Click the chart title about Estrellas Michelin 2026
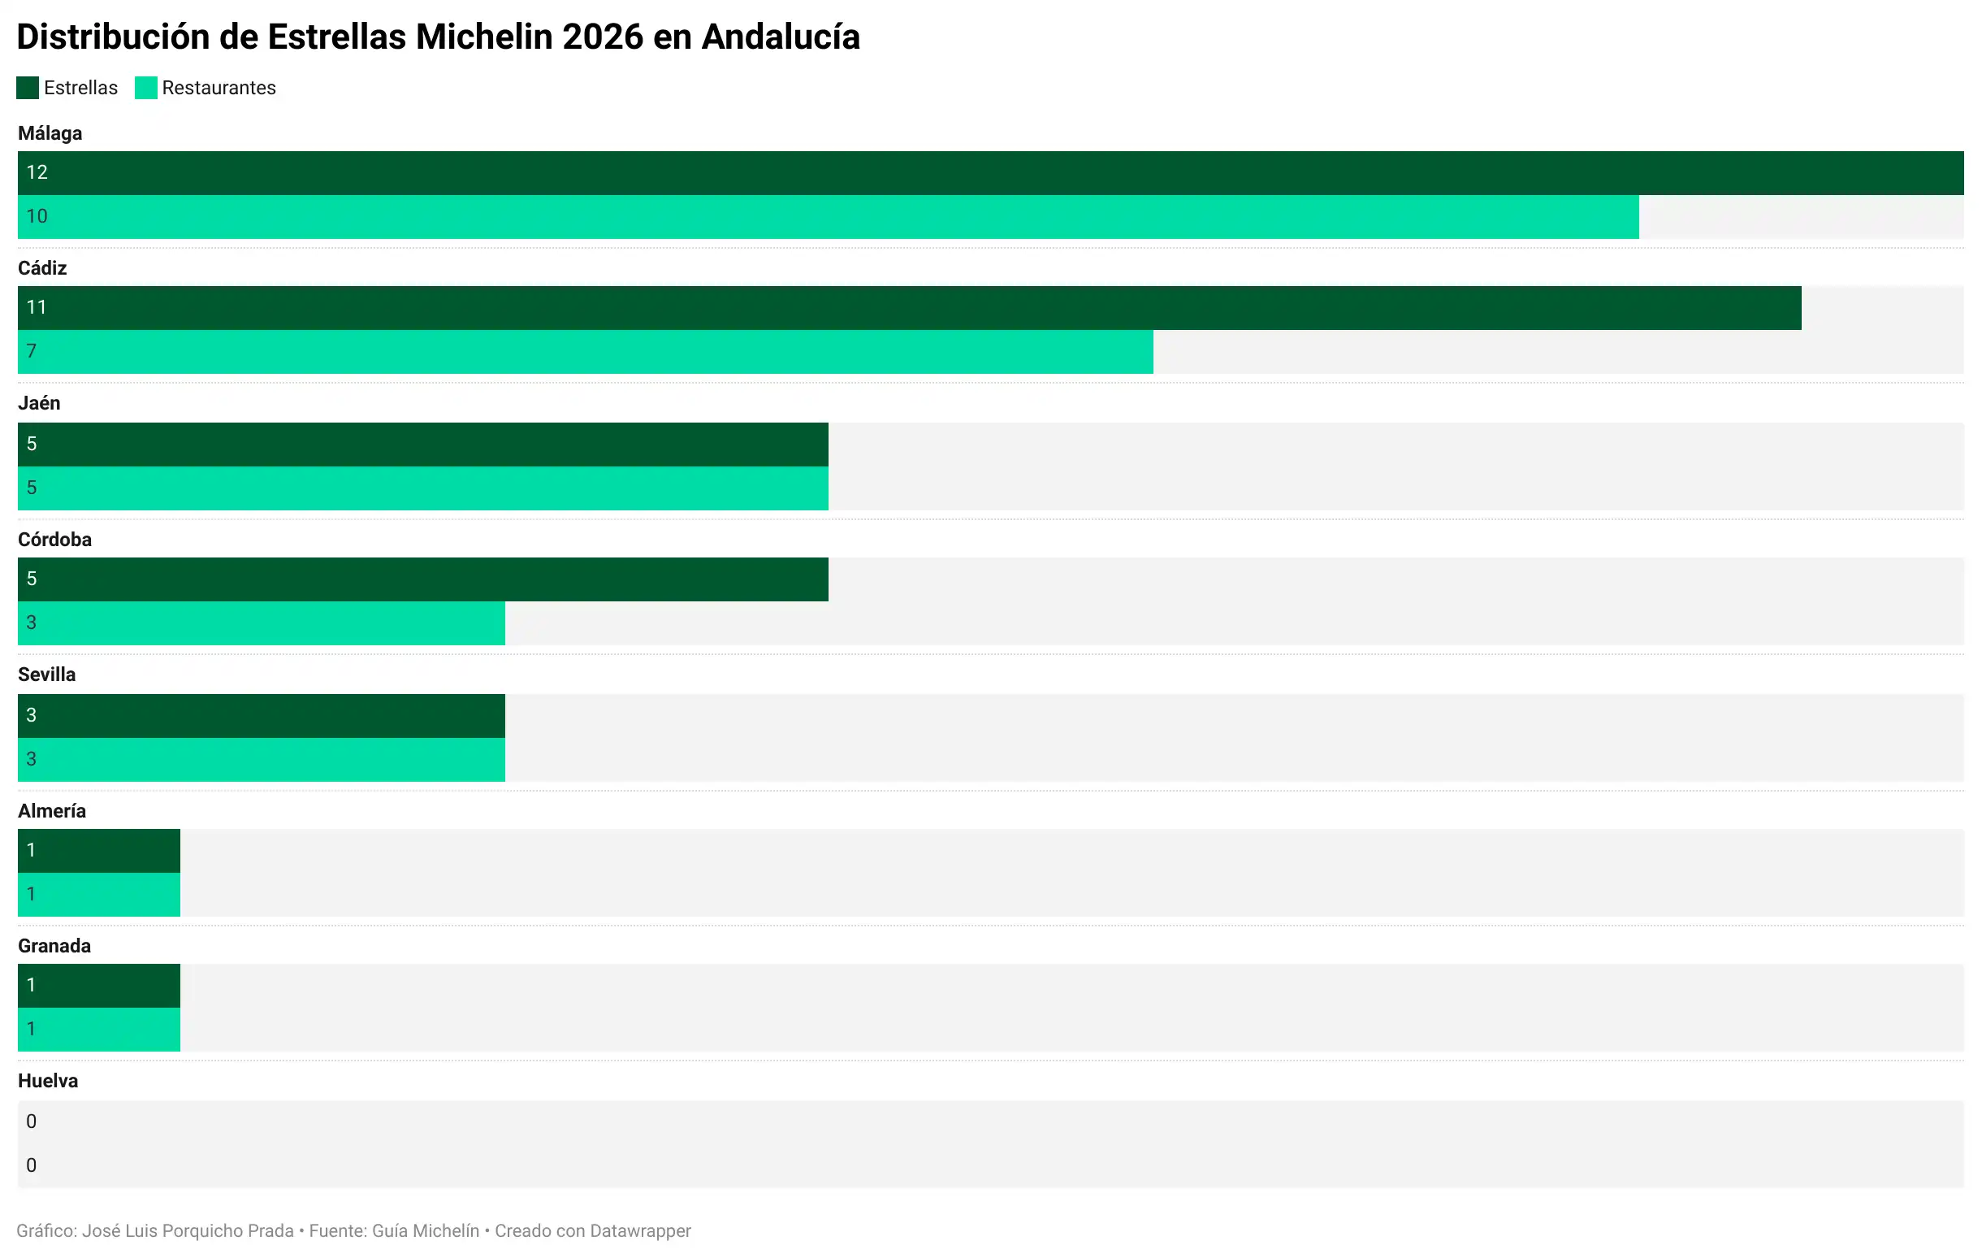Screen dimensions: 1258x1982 (438, 37)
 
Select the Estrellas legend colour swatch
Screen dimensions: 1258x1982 (27, 88)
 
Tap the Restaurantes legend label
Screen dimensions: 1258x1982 (219, 88)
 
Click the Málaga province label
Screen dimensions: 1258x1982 (50, 133)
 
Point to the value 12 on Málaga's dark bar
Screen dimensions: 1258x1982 (37, 173)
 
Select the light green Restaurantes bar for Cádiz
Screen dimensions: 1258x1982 (584, 353)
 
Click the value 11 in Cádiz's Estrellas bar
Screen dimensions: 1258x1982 (37, 308)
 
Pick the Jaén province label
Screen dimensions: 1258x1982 (39, 403)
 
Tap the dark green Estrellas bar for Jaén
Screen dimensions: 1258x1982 (423, 445)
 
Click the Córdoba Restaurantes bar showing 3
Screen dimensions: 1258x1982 (262, 623)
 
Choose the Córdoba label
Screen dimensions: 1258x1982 (54, 540)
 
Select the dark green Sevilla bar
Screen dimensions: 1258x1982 (262, 715)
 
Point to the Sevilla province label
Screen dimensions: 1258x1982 (46, 675)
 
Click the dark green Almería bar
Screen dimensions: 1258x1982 (99, 851)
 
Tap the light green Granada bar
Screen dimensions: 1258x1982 (99, 1029)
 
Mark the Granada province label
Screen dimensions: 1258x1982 (54, 946)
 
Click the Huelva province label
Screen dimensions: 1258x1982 (48, 1081)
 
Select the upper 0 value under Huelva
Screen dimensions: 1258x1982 (32, 1121)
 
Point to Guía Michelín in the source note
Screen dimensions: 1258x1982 (426, 1231)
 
